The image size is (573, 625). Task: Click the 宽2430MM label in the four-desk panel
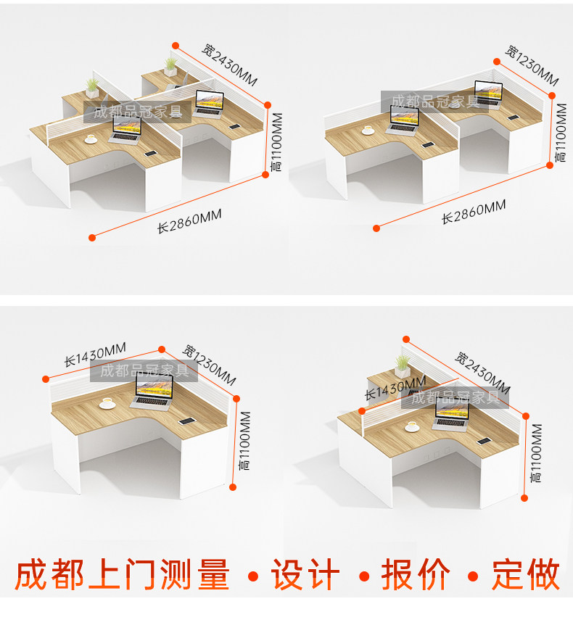[229, 65]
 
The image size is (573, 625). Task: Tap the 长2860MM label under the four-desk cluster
[189, 220]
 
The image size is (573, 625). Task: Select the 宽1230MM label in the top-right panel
[532, 65]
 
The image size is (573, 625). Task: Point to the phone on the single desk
[187, 421]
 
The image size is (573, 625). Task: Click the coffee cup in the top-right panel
[368, 130]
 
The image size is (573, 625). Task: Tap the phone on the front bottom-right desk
[482, 439]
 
